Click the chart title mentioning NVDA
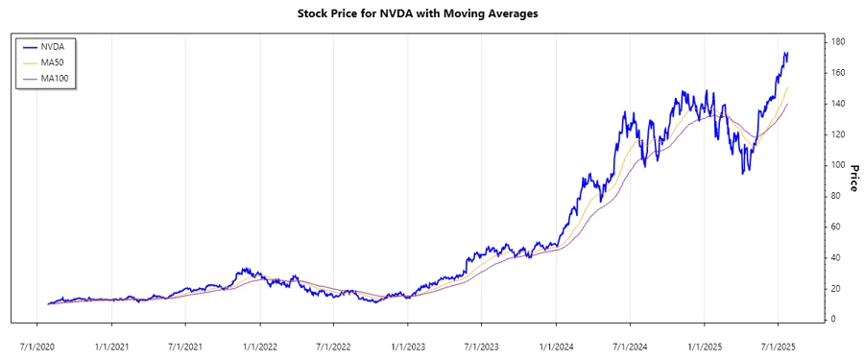(431, 14)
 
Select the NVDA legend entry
(53, 45)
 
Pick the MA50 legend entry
(53, 61)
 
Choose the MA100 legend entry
(55, 78)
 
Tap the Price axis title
(852, 178)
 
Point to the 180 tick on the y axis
(837, 42)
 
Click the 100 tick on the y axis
(837, 165)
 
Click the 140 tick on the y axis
(837, 104)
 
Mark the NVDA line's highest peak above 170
(785, 53)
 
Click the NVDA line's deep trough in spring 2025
(742, 173)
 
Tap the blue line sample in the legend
(28, 45)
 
